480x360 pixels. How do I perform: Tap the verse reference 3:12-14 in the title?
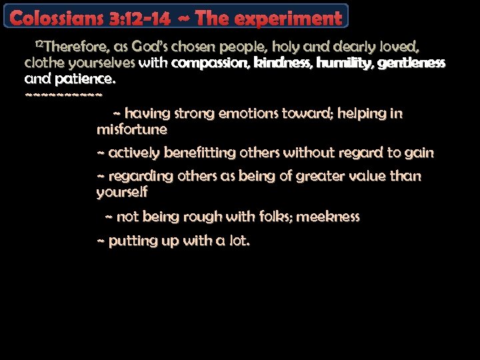tap(137, 19)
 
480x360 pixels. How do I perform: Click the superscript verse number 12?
tap(39, 43)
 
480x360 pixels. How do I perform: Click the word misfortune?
tap(132, 129)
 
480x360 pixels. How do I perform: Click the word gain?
tap(419, 153)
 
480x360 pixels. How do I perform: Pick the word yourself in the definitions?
tap(122, 193)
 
